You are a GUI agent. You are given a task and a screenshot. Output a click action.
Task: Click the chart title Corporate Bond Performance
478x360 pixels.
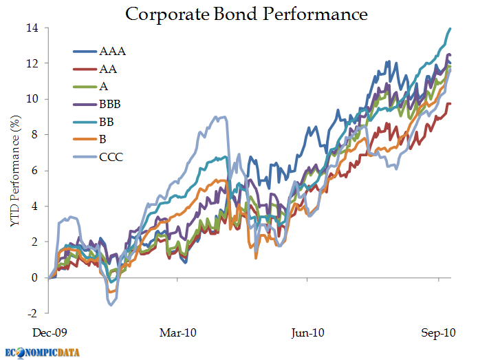[246, 14]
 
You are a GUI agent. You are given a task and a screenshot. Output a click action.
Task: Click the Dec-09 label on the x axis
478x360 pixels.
[50, 332]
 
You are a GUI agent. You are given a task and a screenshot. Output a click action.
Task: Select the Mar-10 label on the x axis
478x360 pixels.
[178, 332]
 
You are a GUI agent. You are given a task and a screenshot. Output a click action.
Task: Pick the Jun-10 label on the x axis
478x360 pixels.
[307, 332]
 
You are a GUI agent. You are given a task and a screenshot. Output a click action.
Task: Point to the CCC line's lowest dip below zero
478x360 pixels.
[111, 304]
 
